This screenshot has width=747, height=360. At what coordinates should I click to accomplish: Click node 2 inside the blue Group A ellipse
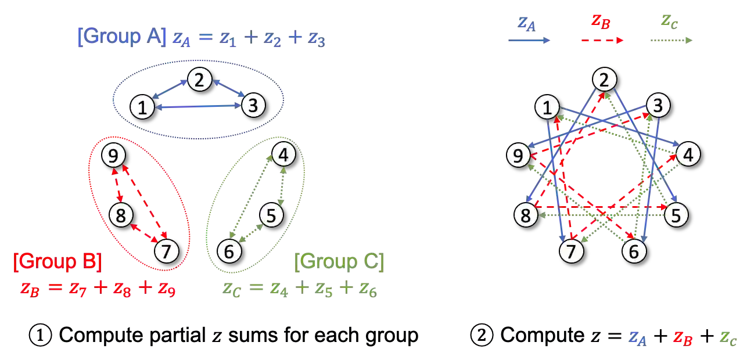coord(199,80)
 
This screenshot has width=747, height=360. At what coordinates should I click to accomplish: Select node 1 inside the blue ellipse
coord(142,107)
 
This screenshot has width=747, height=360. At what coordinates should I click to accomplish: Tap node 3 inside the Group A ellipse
coord(253,106)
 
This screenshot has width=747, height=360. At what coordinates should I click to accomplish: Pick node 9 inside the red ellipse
coord(113,156)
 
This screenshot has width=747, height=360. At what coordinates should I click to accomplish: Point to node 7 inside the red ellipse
coord(166,251)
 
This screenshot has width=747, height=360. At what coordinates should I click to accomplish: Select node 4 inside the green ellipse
coord(283,155)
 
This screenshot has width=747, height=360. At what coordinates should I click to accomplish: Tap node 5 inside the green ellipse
coord(271,215)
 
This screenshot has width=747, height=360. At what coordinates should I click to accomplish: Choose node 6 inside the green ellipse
coord(229,251)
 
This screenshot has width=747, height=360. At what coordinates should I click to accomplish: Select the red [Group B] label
coord(58,262)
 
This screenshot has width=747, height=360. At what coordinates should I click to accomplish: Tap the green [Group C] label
coord(339,262)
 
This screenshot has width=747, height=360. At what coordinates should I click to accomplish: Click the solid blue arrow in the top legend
coord(528,41)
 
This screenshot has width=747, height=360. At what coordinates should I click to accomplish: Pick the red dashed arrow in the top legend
coord(603,41)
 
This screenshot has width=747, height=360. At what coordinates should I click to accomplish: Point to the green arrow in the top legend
coord(673,41)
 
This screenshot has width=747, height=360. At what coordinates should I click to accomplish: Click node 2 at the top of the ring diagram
coord(604,80)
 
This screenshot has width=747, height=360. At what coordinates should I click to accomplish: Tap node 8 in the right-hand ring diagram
coord(526,215)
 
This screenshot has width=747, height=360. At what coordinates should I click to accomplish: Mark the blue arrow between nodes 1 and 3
coord(197,107)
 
